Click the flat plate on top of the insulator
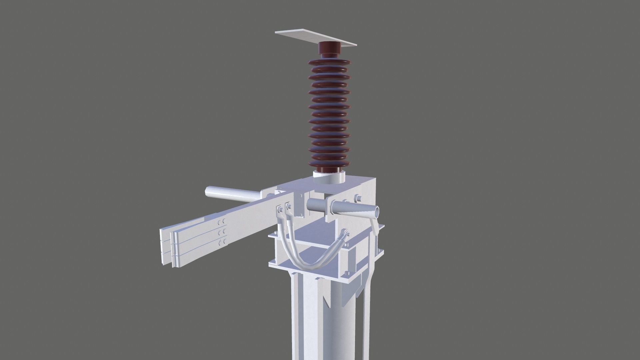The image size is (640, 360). (x=300, y=35)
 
